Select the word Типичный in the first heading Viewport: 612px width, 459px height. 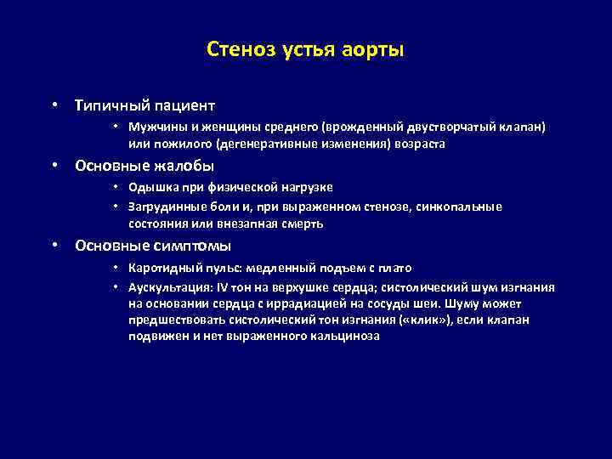tap(110, 106)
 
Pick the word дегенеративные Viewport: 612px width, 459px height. tap(271, 144)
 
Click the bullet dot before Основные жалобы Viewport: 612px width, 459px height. tap(54, 166)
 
